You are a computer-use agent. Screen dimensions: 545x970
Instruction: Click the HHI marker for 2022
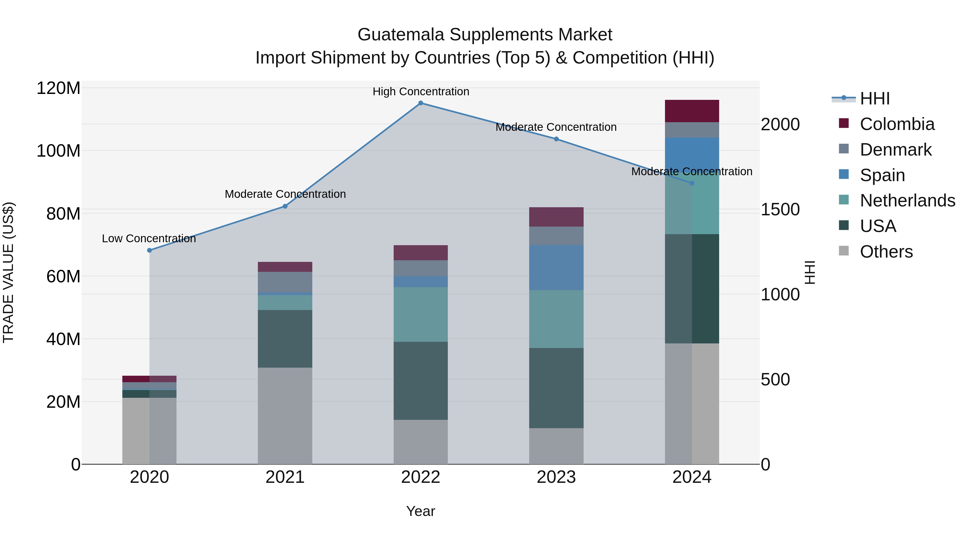tap(421, 103)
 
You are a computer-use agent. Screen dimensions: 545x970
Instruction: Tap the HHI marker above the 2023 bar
tap(556, 139)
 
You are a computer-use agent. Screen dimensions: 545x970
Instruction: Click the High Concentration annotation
tap(421, 92)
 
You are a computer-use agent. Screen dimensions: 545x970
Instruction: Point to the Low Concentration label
tap(149, 238)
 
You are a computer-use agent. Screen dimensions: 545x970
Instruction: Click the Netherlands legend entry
tap(907, 201)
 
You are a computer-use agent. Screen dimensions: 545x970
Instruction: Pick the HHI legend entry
tap(875, 99)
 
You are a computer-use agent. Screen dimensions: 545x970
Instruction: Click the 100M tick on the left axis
tap(58, 151)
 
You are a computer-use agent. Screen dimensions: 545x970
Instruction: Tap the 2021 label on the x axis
tap(285, 477)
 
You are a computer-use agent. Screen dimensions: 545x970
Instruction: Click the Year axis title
tap(421, 511)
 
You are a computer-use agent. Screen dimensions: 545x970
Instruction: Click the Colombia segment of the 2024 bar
tap(692, 111)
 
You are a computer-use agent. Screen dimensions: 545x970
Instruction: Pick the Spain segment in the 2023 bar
tap(556, 268)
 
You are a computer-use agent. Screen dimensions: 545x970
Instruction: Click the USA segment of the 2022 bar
tap(421, 381)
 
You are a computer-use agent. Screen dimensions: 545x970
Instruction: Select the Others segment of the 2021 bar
tap(285, 416)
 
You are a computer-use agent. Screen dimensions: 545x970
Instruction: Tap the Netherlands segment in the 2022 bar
tap(421, 314)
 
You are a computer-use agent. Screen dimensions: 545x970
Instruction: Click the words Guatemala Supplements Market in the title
tap(485, 35)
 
